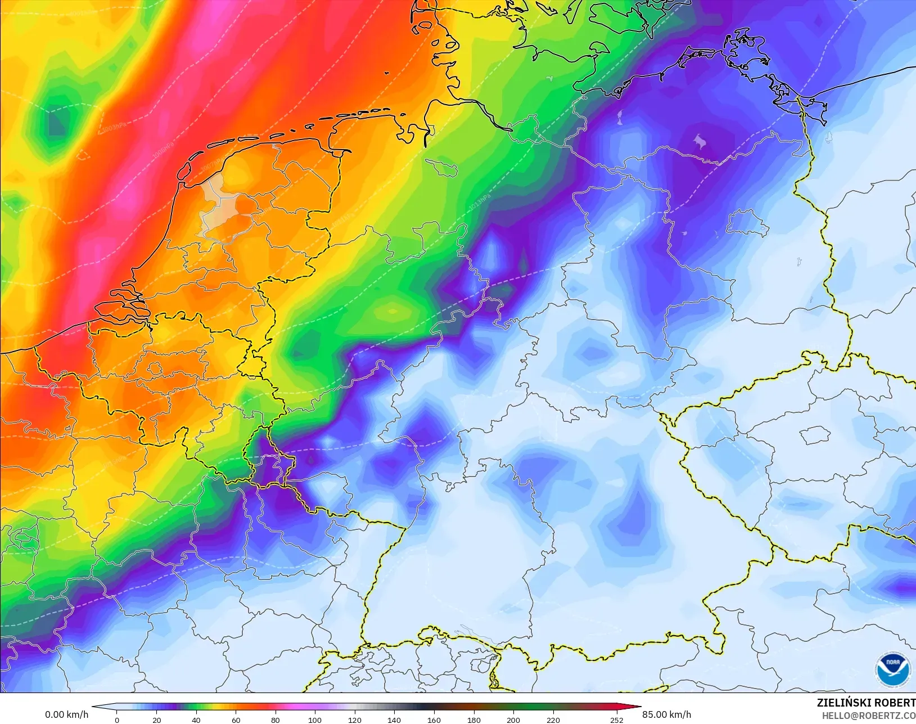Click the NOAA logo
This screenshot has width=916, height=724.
pos(892,670)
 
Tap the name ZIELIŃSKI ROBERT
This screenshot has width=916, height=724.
pos(866,703)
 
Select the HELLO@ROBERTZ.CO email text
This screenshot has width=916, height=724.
pos(868,716)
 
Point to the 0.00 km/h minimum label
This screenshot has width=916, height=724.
pos(66,714)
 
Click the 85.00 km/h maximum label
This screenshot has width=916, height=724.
pos(666,714)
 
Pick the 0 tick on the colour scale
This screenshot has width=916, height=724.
pos(117,719)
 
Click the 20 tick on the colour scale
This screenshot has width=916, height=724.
pos(156,719)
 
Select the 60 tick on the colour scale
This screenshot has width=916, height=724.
pos(236,719)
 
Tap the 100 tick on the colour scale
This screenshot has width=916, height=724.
pos(315,719)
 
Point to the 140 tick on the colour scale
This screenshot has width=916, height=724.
pos(394,719)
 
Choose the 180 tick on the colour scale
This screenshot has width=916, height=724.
pos(473,719)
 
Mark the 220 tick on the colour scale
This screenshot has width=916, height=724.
pos(553,719)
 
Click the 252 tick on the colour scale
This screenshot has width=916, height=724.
pos(616,719)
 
